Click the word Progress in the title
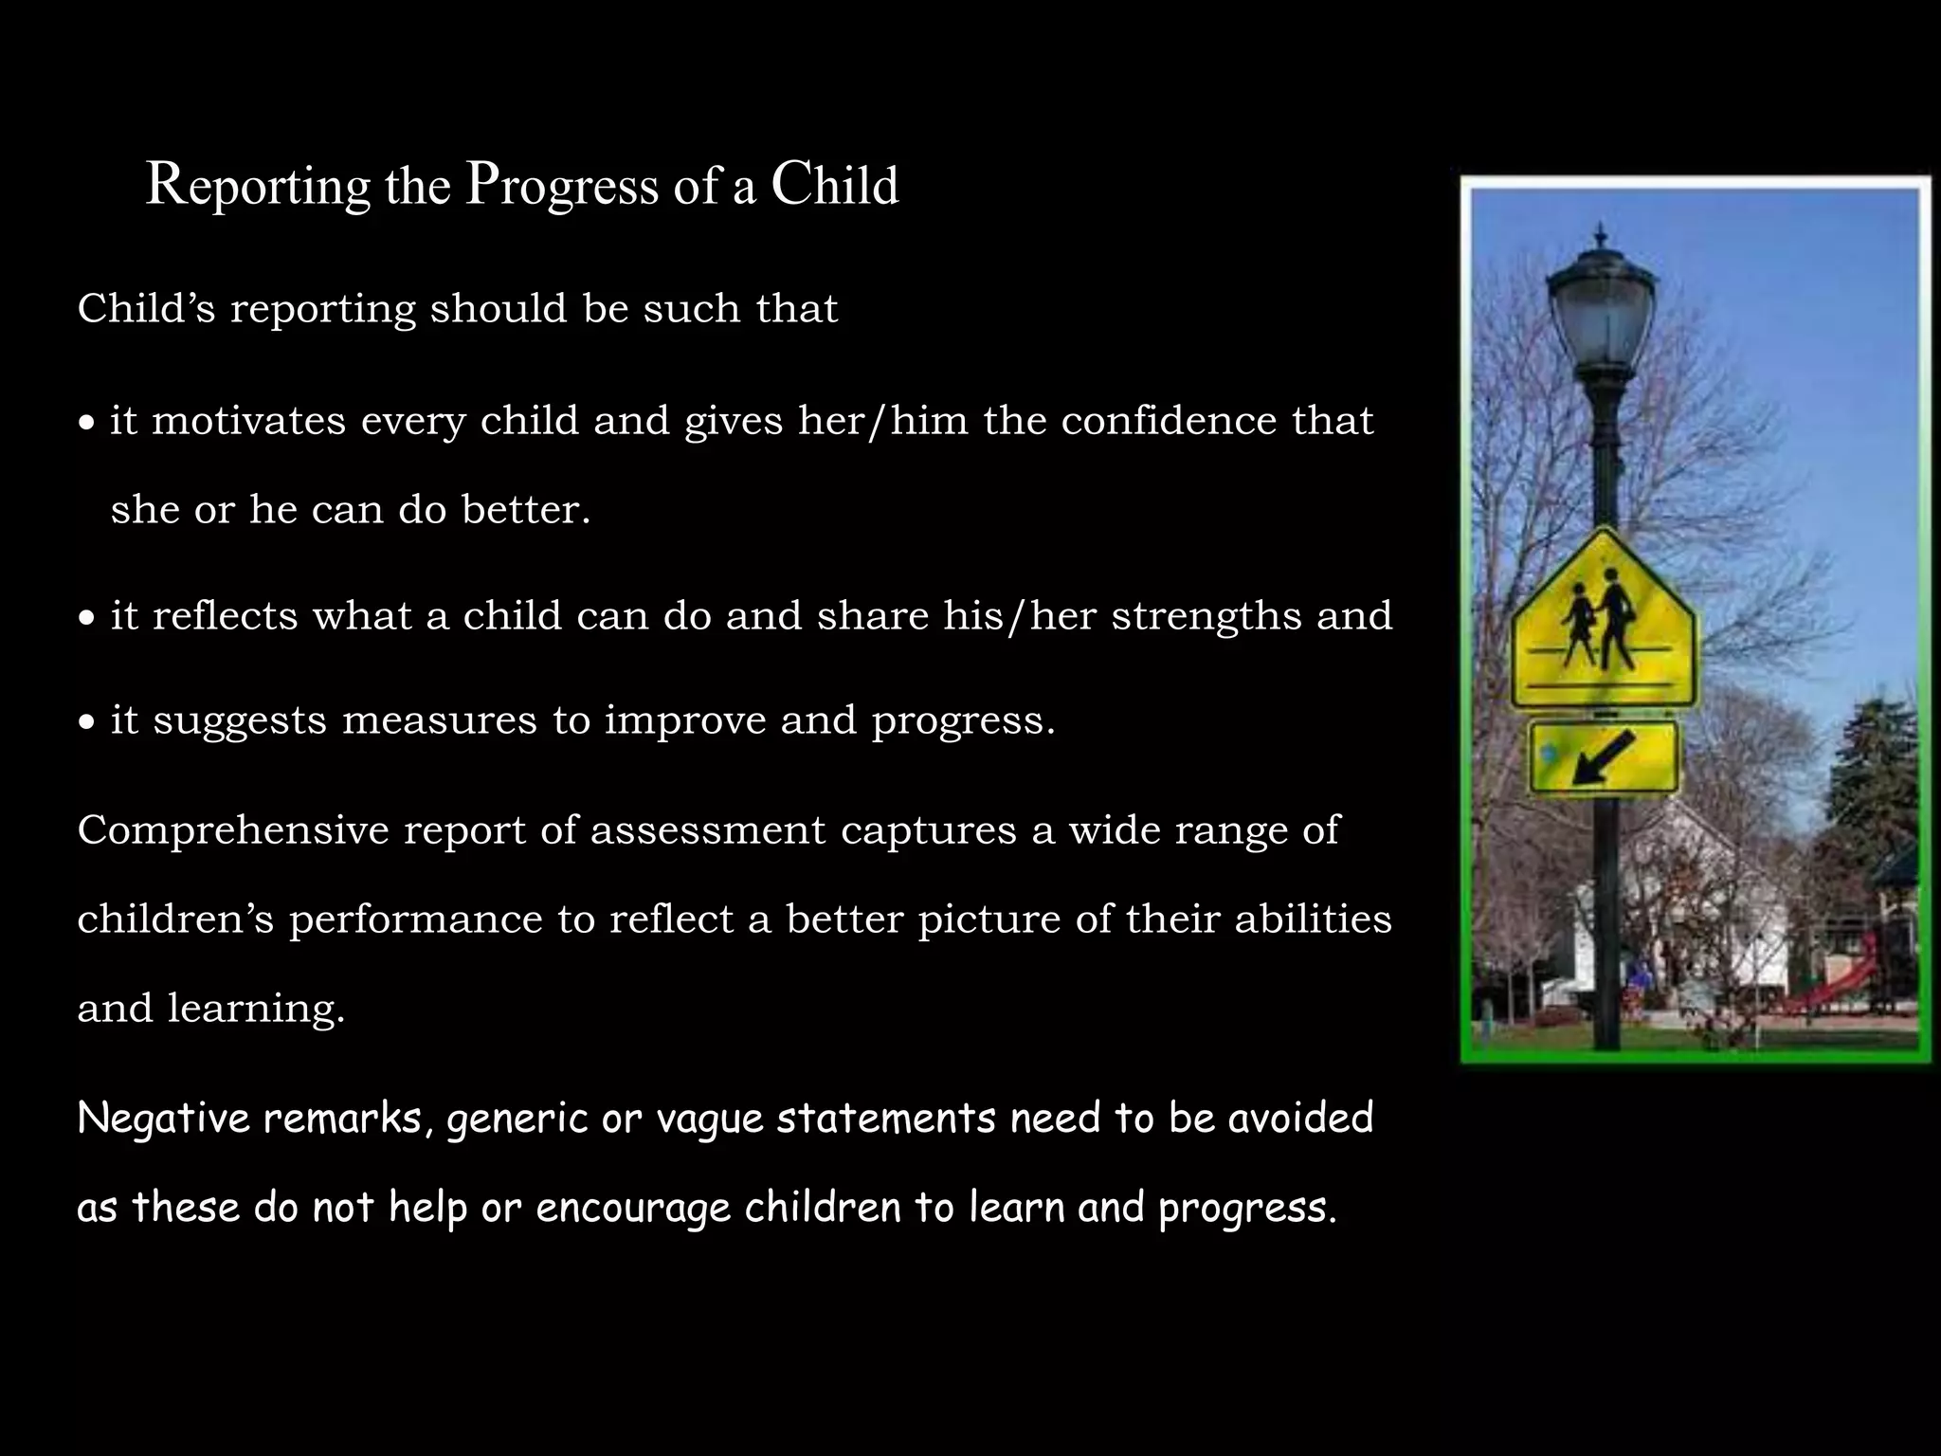pos(562,187)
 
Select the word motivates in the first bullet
pos(249,421)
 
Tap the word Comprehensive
pos(233,830)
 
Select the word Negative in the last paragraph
pos(162,1118)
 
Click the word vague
pos(710,1119)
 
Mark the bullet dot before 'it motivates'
pos(87,424)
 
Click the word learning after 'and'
pos(256,1009)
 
